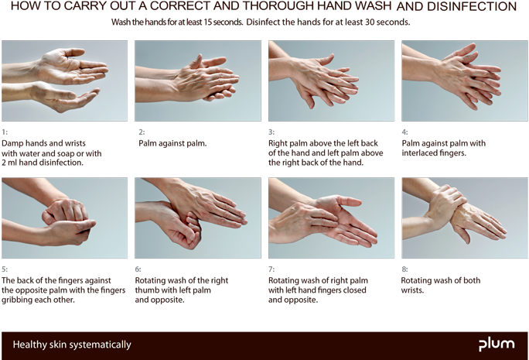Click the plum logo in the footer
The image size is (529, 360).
(x=495, y=344)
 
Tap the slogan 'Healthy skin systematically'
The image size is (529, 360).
(x=72, y=345)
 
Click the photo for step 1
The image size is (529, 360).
(x=64, y=81)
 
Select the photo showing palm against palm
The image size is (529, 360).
(x=197, y=81)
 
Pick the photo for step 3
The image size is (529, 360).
(x=331, y=81)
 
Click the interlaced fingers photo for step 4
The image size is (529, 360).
(x=465, y=81)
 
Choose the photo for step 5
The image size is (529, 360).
(x=64, y=218)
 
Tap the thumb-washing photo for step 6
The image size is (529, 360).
(x=197, y=218)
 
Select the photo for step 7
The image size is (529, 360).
(x=331, y=218)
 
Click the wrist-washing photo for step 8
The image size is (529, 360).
(x=465, y=218)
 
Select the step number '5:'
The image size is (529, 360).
(x=5, y=269)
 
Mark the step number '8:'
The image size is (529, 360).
(x=405, y=269)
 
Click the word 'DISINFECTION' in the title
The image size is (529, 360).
(x=473, y=7)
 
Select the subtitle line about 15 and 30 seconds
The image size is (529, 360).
(x=261, y=22)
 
